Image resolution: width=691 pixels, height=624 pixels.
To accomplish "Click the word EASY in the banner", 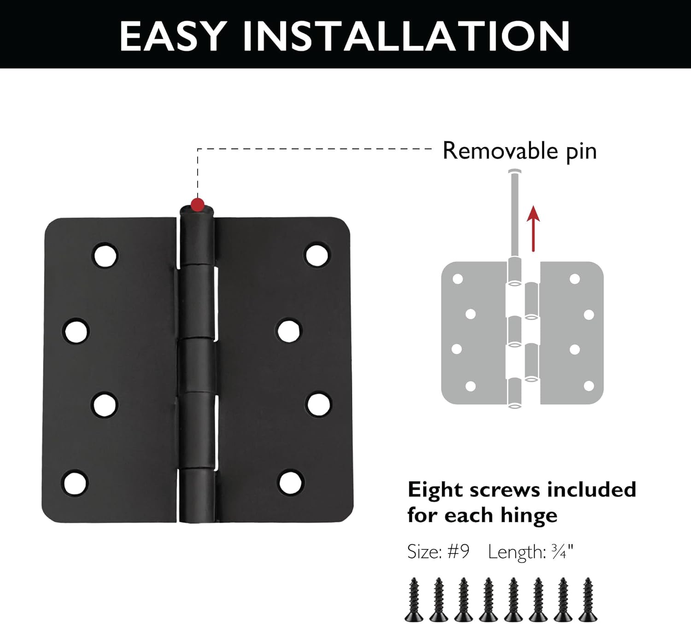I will (x=173, y=36).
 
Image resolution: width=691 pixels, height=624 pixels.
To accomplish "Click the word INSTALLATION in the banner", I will (x=406, y=36).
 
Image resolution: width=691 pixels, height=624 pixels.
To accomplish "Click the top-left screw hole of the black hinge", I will (x=105, y=255).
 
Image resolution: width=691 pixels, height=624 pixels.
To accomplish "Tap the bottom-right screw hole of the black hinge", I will (x=291, y=482).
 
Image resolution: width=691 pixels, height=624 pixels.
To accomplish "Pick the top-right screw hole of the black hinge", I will (x=317, y=255).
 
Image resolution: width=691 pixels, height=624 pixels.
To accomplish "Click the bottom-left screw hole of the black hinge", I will (x=76, y=482).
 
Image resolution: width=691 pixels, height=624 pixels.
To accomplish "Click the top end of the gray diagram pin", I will (x=515, y=173).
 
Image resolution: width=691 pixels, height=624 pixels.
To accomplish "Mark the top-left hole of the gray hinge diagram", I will (x=458, y=279).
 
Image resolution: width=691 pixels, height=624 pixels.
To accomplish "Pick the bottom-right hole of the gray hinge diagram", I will (x=589, y=386).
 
